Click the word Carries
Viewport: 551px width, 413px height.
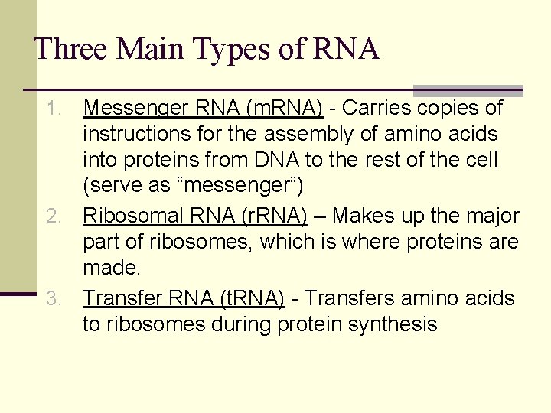coord(373,109)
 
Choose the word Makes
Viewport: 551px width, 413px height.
coord(364,216)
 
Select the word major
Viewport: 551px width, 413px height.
coord(494,216)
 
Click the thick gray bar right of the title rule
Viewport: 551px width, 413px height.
coord(468,90)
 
